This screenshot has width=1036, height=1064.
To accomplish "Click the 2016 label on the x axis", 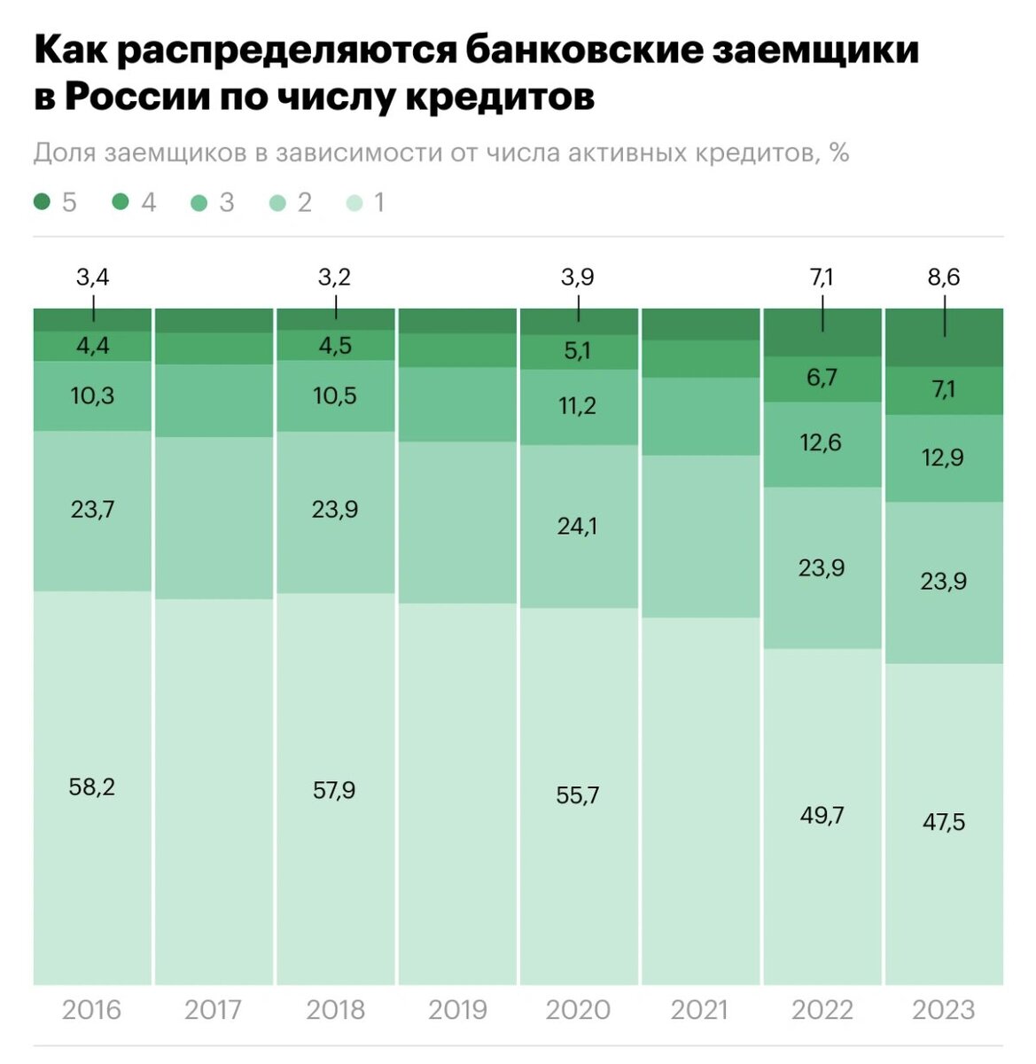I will coord(91,1010).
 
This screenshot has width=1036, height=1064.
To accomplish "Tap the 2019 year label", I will coord(457,1010).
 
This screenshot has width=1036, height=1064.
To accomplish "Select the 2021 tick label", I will coord(700,1010).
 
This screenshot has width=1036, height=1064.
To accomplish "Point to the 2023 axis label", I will coord(943,1010).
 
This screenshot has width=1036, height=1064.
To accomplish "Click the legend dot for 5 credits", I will coord(42,203).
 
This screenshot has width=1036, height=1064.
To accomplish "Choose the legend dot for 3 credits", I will coord(199,203).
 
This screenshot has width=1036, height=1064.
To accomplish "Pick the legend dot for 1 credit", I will coord(354,203).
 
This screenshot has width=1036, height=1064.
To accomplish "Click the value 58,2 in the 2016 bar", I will coord(92,786).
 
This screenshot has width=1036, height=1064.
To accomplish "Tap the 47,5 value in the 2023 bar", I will coord(944,822).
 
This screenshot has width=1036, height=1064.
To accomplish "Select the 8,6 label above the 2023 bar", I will coord(944,278).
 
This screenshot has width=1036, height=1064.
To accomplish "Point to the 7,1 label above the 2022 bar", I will coord(822,278).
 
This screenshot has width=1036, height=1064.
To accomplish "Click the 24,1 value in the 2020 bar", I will coord(577,527).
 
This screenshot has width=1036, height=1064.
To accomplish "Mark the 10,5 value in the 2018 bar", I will coord(335,395).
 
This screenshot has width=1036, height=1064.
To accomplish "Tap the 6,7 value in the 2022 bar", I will coord(822,379).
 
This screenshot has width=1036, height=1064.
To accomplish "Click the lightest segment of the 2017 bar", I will coord(214,789).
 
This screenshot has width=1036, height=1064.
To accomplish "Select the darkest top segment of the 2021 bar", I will coord(700,324).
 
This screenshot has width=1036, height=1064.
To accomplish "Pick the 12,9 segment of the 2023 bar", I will coord(944,458).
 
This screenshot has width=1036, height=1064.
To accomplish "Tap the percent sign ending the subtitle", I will coord(839,153).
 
